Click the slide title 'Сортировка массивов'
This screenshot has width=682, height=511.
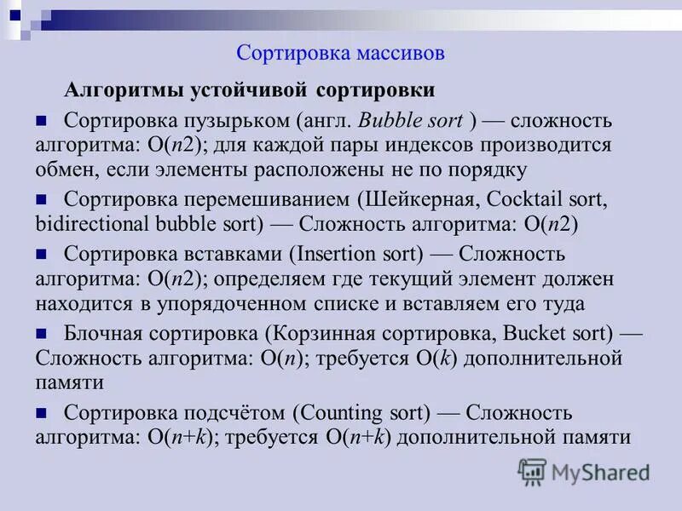coord(340,54)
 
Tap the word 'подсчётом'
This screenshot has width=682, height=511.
coord(235,414)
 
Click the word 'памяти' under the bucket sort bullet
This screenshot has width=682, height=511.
coord(69,382)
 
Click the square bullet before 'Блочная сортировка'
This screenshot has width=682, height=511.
coord(41,332)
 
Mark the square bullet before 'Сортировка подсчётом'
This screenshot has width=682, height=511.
coord(41,413)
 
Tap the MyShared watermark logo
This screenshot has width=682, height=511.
coord(584,472)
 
